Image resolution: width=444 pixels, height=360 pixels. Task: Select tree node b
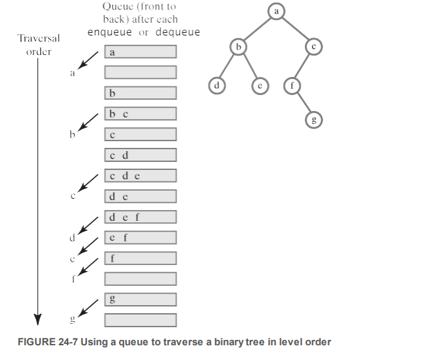(237, 47)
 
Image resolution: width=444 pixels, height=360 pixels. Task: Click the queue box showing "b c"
(140, 114)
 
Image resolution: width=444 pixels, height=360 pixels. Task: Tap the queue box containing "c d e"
(140, 176)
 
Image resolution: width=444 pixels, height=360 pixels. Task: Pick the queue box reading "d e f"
(140, 217)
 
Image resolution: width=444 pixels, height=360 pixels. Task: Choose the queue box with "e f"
(140, 238)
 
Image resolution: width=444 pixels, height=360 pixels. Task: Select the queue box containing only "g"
(140, 299)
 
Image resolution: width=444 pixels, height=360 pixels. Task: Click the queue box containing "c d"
(140, 155)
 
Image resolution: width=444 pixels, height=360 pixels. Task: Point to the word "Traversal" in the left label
(39, 38)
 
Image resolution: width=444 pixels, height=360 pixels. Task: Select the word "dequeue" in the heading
(178, 32)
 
